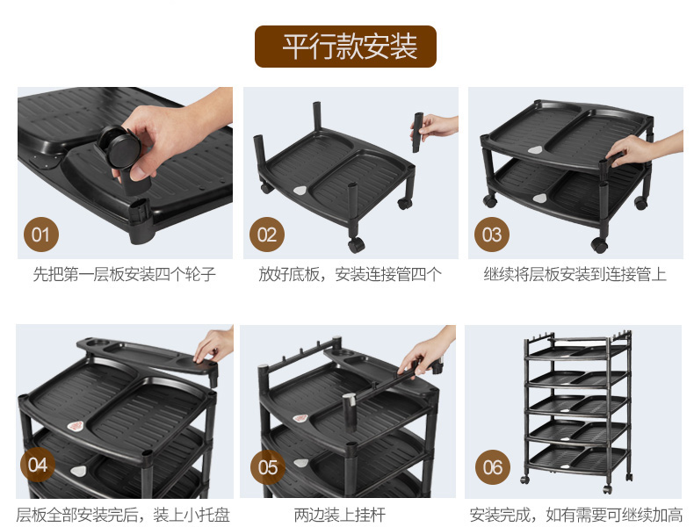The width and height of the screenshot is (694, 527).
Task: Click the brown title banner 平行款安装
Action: point(345,47)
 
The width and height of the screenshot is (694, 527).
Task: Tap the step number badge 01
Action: point(40,235)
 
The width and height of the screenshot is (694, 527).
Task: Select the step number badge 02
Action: point(267,235)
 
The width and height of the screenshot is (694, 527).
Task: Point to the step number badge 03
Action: point(492,235)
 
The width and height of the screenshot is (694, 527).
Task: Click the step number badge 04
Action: point(38,465)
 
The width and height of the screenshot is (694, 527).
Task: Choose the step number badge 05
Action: point(268,467)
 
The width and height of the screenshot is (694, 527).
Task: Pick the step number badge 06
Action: point(493,467)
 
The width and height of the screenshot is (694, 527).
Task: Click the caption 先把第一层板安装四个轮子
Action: point(125,274)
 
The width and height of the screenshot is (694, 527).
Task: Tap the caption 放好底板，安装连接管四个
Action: point(351,274)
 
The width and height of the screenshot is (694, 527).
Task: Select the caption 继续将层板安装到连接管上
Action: point(575,274)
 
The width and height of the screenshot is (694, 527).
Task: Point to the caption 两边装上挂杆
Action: point(340,515)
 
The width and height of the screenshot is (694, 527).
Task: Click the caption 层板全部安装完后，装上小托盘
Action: point(123,515)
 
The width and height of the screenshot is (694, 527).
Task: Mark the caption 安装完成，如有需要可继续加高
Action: point(575,515)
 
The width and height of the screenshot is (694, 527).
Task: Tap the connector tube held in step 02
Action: point(418,133)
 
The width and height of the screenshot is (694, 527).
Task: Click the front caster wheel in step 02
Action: point(357,245)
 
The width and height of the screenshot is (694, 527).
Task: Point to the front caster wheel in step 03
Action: point(599,244)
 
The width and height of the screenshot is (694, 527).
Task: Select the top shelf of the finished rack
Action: point(577,350)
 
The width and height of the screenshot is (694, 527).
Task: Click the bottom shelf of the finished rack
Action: point(577,458)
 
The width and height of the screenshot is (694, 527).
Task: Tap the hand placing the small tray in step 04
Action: point(214,345)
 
